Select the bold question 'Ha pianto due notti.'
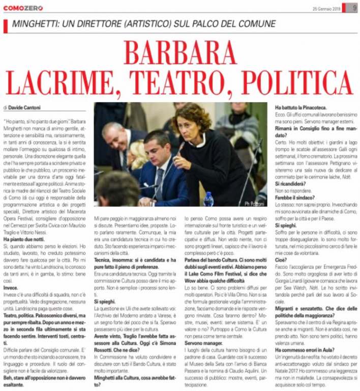(x=24, y=239)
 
